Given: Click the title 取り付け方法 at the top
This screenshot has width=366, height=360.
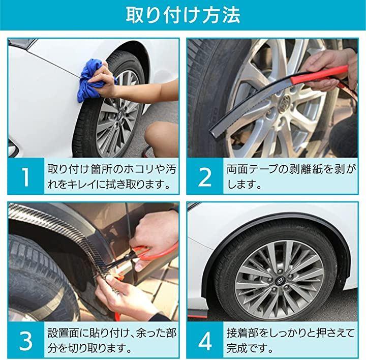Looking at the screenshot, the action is (x=183, y=15).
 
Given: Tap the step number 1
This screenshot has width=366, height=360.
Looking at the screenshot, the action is (x=26, y=177).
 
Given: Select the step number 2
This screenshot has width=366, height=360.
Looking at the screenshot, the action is (x=205, y=177).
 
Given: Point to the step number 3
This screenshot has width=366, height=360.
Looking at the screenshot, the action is (x=26, y=341).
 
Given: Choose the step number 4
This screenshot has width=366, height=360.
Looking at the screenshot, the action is (x=205, y=341).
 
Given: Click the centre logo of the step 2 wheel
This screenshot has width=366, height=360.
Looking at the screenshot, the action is (x=286, y=101).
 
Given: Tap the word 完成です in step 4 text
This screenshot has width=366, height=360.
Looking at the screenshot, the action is (x=247, y=348).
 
